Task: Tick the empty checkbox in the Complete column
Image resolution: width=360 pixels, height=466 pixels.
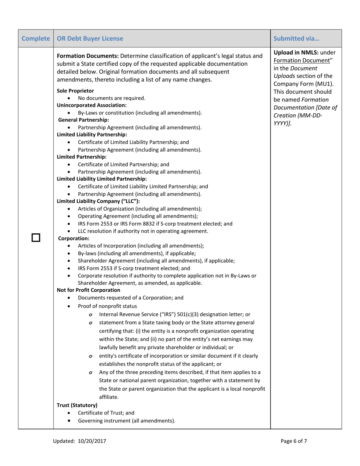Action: coord(36,239)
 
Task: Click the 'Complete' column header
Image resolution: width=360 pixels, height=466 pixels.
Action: coord(36,38)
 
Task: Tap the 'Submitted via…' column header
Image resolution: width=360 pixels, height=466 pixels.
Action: coord(291,38)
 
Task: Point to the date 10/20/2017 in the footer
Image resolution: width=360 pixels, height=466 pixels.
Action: coord(93,441)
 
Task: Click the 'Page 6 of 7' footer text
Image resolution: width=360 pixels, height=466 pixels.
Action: coord(294,441)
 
